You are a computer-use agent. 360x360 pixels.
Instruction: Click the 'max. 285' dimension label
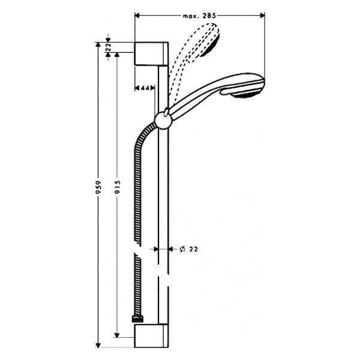(199, 16)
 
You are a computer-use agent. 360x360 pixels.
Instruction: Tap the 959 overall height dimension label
(98, 187)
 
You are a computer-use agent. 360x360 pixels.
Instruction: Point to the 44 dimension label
(145, 88)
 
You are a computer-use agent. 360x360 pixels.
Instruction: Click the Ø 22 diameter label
(188, 249)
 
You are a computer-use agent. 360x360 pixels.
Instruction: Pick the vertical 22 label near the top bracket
(109, 47)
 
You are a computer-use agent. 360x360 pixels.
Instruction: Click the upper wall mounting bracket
(151, 54)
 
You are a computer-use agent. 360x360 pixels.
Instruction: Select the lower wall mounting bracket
(151, 335)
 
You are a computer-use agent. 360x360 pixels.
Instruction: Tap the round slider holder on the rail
(163, 121)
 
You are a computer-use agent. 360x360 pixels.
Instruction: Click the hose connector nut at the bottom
(138, 319)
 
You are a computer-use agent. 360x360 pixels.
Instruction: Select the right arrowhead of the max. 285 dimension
(262, 16)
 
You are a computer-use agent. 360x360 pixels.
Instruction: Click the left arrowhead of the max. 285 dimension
(137, 16)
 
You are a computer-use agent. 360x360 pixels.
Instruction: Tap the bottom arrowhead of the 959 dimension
(98, 345)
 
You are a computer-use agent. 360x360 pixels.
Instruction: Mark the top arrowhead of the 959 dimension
(98, 45)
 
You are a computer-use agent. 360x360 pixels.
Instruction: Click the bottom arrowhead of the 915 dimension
(117, 335)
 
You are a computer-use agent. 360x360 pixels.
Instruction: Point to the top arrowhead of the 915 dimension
(117, 55)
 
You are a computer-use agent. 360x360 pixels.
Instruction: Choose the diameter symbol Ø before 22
(182, 249)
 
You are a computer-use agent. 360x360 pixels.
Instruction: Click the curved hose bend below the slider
(141, 136)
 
